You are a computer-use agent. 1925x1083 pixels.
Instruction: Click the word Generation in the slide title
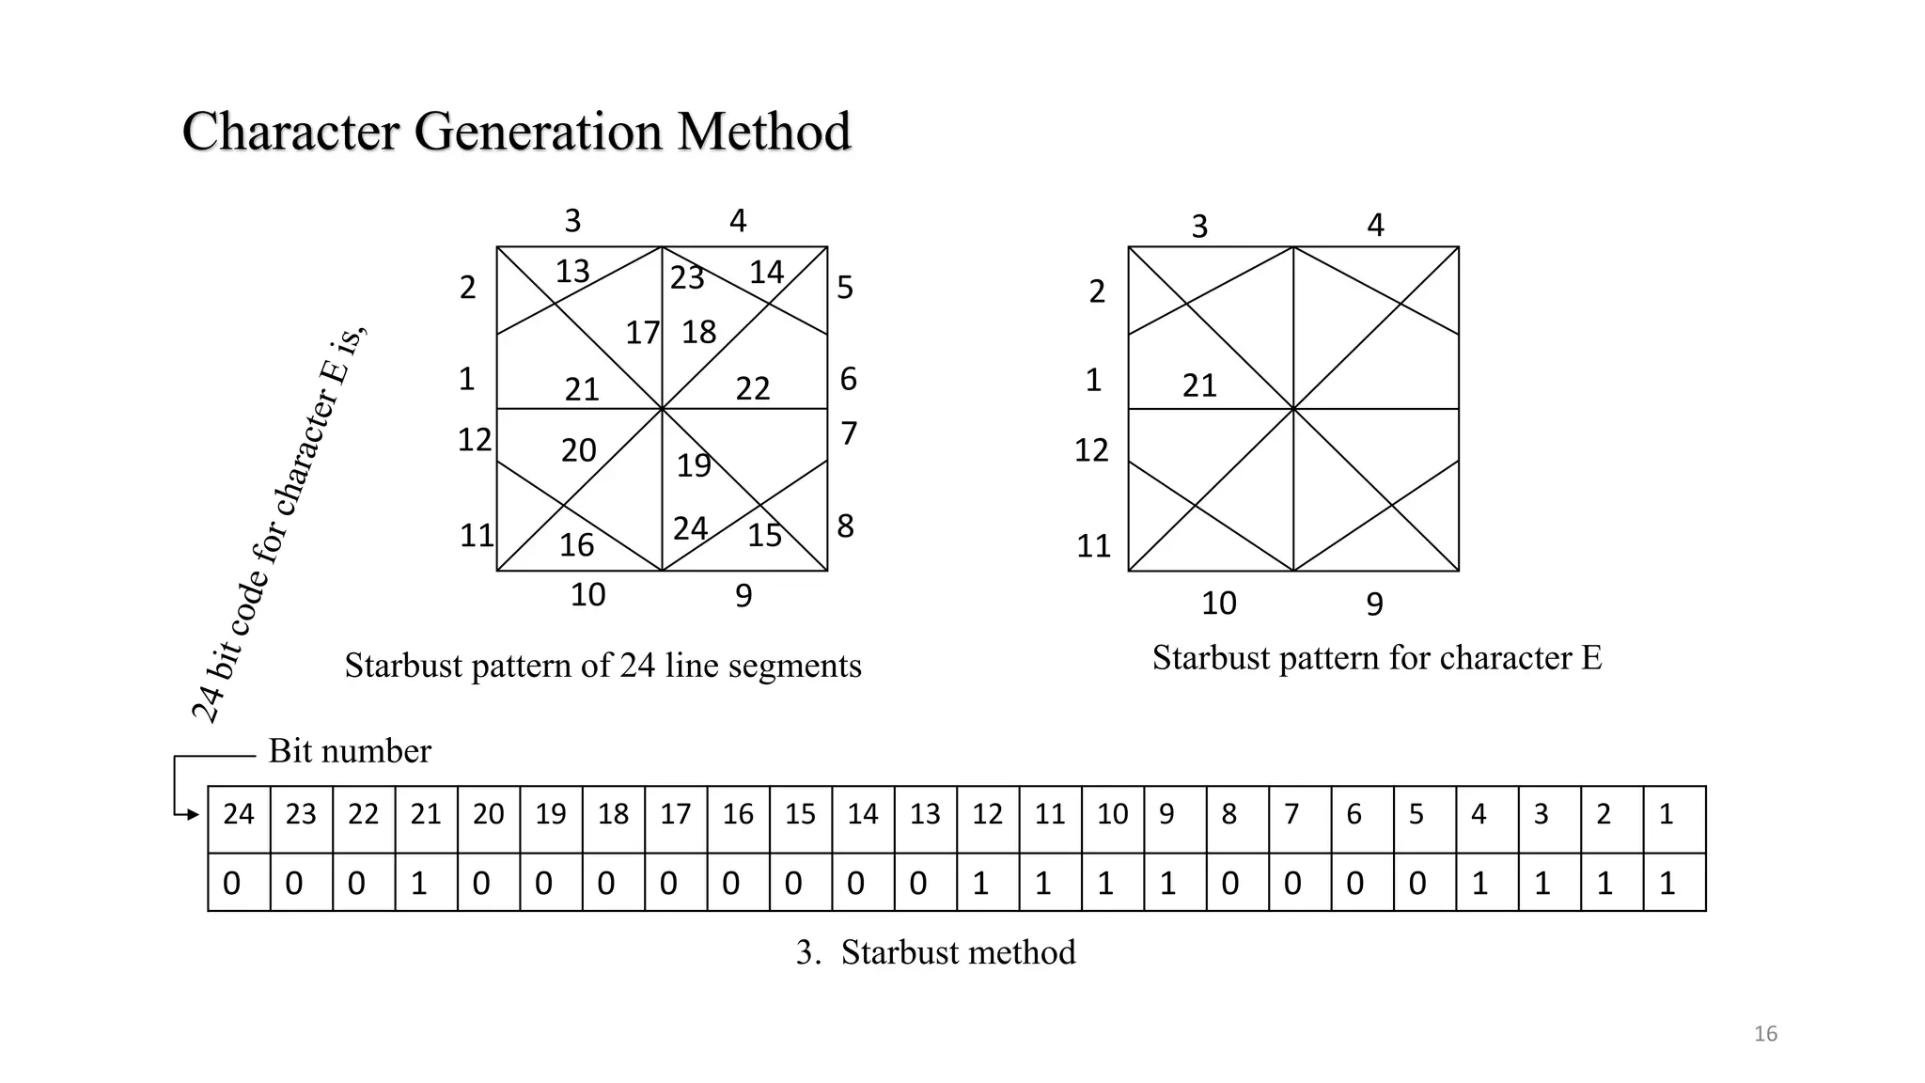point(538,131)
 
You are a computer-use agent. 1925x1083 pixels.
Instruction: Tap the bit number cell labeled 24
point(239,814)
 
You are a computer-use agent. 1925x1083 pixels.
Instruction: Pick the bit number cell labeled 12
point(987,814)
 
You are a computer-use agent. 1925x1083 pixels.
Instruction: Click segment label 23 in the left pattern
point(687,277)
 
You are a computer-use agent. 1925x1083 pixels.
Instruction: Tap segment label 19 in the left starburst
point(695,465)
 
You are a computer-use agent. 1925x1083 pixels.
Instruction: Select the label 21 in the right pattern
point(1199,385)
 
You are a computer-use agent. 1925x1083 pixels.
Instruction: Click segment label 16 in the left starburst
point(576,545)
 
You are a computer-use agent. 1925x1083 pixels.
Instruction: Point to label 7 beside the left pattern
point(849,433)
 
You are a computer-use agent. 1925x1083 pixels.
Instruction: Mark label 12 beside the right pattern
point(1091,450)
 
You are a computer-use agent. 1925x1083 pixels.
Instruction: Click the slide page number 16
point(1765,1034)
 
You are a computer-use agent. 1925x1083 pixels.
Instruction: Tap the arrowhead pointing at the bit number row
point(194,814)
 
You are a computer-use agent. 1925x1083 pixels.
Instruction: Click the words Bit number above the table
point(350,751)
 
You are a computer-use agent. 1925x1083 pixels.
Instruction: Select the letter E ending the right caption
point(1590,658)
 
